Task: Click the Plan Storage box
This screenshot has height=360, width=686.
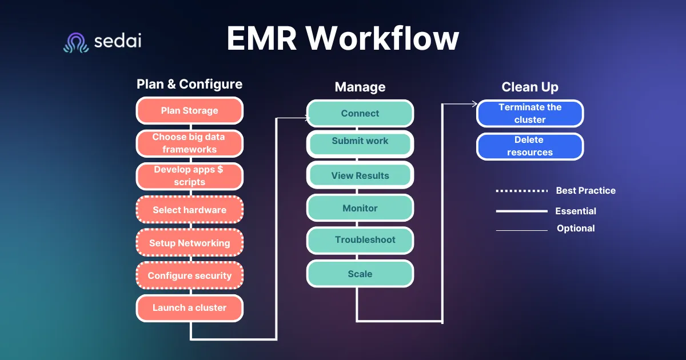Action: click(190, 110)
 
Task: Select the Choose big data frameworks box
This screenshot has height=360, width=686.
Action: click(190, 143)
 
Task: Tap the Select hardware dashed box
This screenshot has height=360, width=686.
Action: click(190, 210)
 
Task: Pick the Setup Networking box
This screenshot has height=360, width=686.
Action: click(190, 242)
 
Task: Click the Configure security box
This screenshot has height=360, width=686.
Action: click(190, 275)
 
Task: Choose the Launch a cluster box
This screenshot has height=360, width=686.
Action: click(190, 308)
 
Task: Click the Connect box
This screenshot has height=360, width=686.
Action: click(360, 113)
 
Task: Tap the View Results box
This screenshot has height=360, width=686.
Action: click(360, 175)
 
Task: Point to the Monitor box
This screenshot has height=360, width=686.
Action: click(360, 208)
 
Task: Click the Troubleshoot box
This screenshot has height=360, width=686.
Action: click(360, 241)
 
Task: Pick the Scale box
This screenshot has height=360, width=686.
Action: click(360, 274)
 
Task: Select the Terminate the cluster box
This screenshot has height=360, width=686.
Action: click(530, 113)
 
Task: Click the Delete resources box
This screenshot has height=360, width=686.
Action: click(530, 146)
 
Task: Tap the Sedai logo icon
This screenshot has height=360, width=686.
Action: click(76, 42)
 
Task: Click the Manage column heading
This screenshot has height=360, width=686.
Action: click(360, 87)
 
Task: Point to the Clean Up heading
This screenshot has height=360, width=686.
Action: click(530, 87)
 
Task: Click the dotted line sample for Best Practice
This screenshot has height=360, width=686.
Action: click(522, 191)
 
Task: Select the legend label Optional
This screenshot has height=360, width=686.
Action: click(576, 229)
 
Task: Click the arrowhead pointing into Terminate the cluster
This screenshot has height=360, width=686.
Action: click(475, 104)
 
